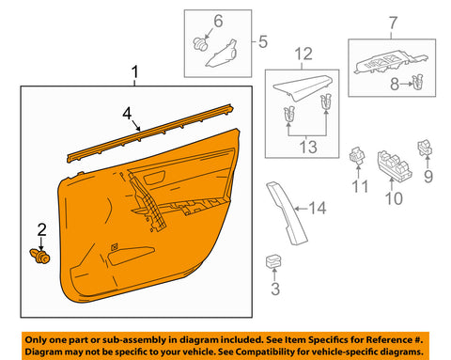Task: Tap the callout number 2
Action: (41, 228)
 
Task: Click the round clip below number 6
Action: (200, 43)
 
